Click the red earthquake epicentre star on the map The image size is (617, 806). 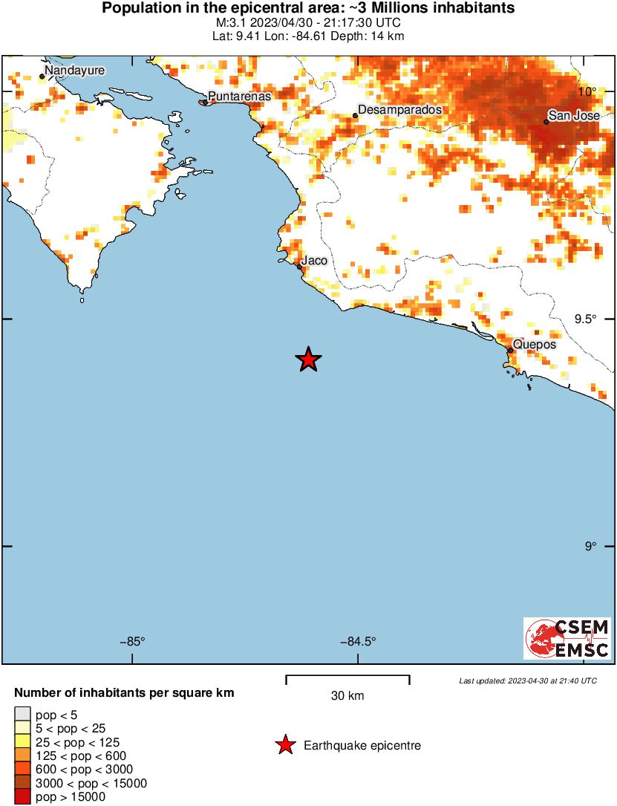point(308,360)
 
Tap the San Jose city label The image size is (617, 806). point(569,116)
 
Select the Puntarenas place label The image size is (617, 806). point(239,97)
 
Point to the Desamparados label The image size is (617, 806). point(399,110)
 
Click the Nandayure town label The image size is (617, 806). point(75,71)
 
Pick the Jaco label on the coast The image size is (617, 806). point(314,261)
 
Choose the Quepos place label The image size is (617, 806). point(535,345)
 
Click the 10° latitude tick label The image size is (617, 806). point(588,92)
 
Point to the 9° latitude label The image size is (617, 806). point(590,547)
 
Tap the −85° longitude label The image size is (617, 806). point(133,643)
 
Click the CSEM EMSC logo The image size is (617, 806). point(567,638)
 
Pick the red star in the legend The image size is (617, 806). point(284,745)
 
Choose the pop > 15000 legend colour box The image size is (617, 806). point(23,797)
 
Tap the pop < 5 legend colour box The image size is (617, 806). point(23,715)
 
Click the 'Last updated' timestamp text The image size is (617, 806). point(527,680)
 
